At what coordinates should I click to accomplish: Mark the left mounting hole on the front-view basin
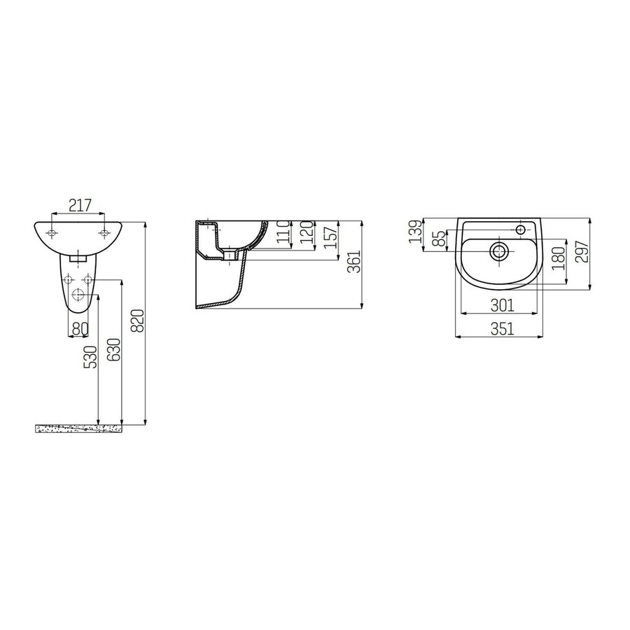pyautogui.click(x=52, y=232)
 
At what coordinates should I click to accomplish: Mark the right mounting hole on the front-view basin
pyautogui.click(x=104, y=232)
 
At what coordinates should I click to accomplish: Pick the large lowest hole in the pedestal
pyautogui.click(x=78, y=295)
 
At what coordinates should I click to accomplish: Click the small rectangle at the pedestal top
pyautogui.click(x=78, y=258)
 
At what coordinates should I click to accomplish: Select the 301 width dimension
pyautogui.click(x=503, y=304)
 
